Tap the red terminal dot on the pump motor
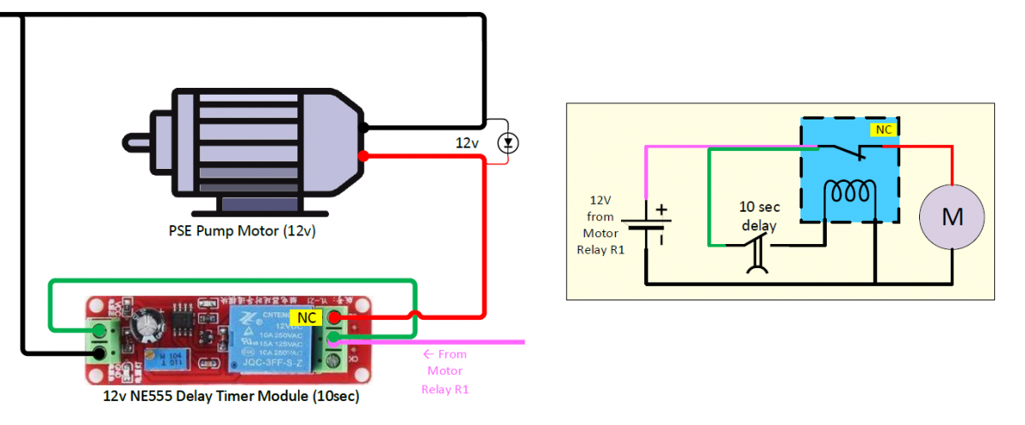(364, 156)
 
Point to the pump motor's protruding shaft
(138, 140)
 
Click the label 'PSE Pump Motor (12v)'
(242, 230)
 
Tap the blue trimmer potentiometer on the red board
(167, 362)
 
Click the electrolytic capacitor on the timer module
(154, 322)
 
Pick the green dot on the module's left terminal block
(101, 331)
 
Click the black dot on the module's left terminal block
(101, 352)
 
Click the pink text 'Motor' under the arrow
(445, 371)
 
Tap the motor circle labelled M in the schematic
(952, 218)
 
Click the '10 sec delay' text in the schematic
(758, 217)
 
